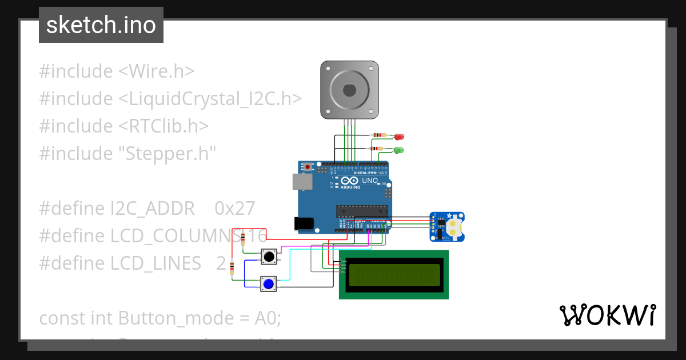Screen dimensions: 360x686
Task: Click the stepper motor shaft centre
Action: tap(349, 90)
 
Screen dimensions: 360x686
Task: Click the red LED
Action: tap(399, 137)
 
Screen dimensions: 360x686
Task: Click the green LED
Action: tap(399, 150)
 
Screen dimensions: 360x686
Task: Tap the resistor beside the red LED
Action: tap(379, 136)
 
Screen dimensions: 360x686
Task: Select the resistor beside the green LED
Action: tap(377, 149)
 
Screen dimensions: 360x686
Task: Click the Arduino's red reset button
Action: tap(308, 167)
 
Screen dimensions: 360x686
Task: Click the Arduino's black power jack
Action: tap(303, 223)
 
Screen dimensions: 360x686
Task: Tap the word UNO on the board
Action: tap(370, 181)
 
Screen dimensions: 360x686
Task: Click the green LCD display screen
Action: tap(393, 275)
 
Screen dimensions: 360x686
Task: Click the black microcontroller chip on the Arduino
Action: tap(361, 211)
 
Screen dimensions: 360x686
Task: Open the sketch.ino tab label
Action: tap(101, 25)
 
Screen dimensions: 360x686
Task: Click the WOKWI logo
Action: tap(607, 315)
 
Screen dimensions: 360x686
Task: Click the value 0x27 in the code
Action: tap(234, 209)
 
